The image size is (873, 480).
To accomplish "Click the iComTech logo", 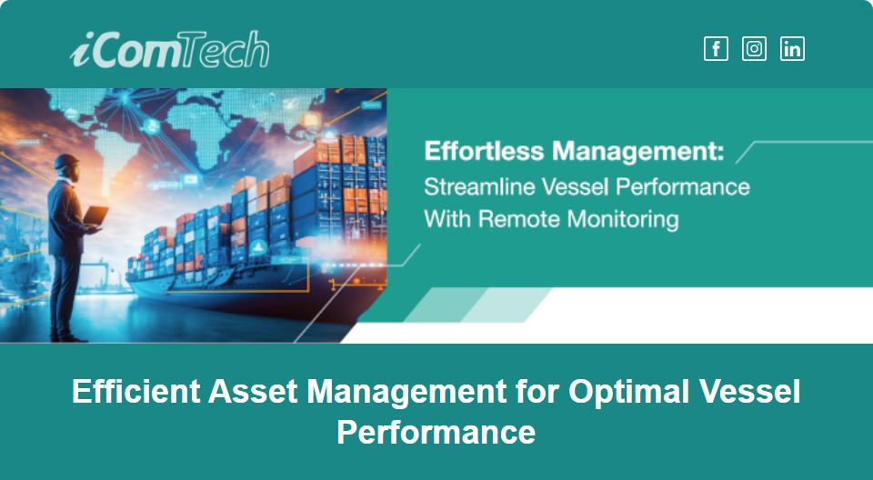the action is coord(170,49).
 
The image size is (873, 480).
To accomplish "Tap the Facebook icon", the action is coord(716,48).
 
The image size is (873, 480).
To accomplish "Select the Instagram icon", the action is coord(755,48).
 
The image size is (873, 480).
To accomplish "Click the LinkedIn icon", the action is coord(792,48).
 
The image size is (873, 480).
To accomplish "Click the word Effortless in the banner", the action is coord(484,151).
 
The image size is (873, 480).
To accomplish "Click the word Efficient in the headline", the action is coord(135,391).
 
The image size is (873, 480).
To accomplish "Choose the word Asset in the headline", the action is coord(254,391).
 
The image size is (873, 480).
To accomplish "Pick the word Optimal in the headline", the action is coord(629,392).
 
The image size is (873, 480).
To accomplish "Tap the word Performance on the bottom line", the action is coord(436,432).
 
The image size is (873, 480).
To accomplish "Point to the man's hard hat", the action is coord(66,161).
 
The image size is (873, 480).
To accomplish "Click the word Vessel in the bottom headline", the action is coord(750,391).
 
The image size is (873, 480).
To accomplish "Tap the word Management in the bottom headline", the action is coord(406,392).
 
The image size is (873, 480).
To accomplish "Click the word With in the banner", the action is coord(447,219).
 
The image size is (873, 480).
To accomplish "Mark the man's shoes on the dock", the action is coord(67,337).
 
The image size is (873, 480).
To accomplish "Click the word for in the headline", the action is coord(537,391).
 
